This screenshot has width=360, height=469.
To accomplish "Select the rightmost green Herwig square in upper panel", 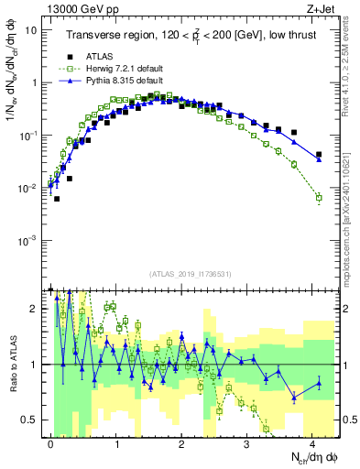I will (x=319, y=197).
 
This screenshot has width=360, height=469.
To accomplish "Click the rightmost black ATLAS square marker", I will (x=319, y=155).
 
